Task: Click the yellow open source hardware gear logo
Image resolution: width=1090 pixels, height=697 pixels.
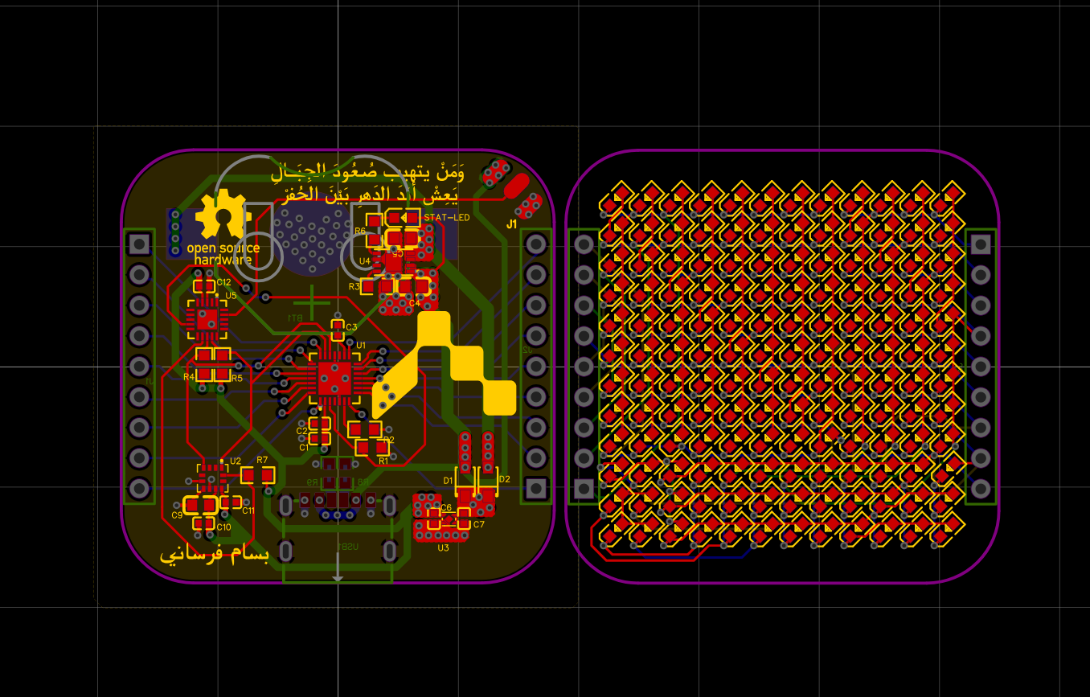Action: [x=223, y=215]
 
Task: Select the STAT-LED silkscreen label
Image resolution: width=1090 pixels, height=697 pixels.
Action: [x=446, y=217]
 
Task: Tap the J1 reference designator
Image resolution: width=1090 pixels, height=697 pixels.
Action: [x=511, y=224]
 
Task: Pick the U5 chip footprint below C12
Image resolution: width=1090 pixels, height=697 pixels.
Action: [x=207, y=319]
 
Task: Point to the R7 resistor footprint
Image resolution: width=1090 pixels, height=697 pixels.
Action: [x=258, y=475]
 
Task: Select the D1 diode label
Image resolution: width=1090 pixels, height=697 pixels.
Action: [x=449, y=480]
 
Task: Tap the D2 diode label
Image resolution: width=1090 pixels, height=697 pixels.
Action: [x=504, y=479]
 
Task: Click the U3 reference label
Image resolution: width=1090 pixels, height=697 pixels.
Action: [x=443, y=548]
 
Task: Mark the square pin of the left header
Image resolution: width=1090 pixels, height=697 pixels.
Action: [x=140, y=243]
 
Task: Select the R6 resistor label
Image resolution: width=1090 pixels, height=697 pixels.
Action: [x=360, y=231]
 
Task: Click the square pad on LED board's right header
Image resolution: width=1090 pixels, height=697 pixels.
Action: [x=980, y=244]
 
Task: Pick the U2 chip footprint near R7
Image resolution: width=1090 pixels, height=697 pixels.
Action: [x=213, y=478]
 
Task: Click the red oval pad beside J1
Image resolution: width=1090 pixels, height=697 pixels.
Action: [x=515, y=186]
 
